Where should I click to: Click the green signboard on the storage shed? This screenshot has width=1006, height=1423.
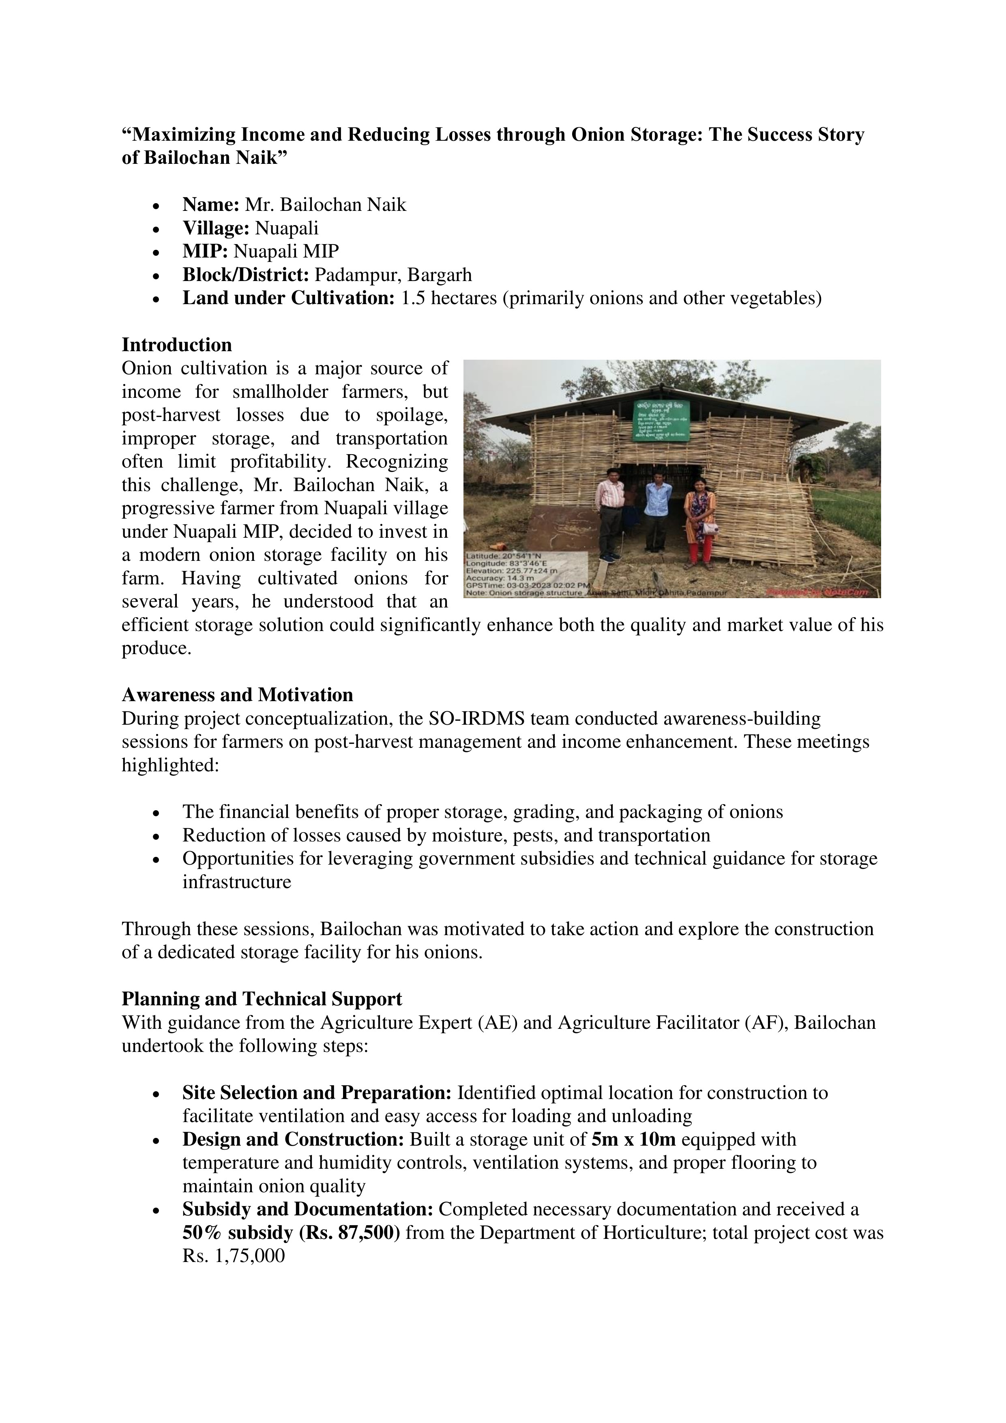[661, 420]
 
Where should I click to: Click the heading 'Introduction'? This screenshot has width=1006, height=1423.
[177, 345]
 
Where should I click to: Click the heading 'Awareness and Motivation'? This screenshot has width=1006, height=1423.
[237, 695]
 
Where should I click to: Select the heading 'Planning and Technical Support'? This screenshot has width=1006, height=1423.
[262, 999]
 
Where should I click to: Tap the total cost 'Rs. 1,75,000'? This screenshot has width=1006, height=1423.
[234, 1256]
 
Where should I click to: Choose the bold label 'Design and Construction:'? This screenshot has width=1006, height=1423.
[293, 1139]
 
